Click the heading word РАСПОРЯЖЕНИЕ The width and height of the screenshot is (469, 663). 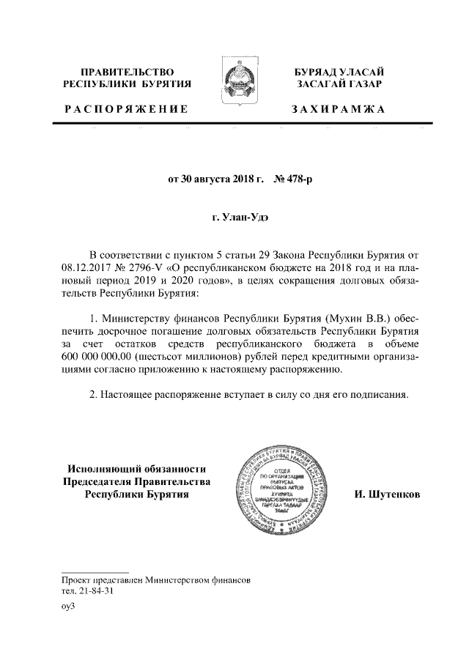pos(126,109)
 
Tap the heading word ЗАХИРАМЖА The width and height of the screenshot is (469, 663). pos(338,109)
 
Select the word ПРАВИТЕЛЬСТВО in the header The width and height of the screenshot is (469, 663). pos(128,72)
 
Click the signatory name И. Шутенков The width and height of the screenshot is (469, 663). pos(387,494)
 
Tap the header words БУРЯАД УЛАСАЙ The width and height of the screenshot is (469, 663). pos(339,72)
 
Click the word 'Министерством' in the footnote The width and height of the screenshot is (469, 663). pos(178,579)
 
